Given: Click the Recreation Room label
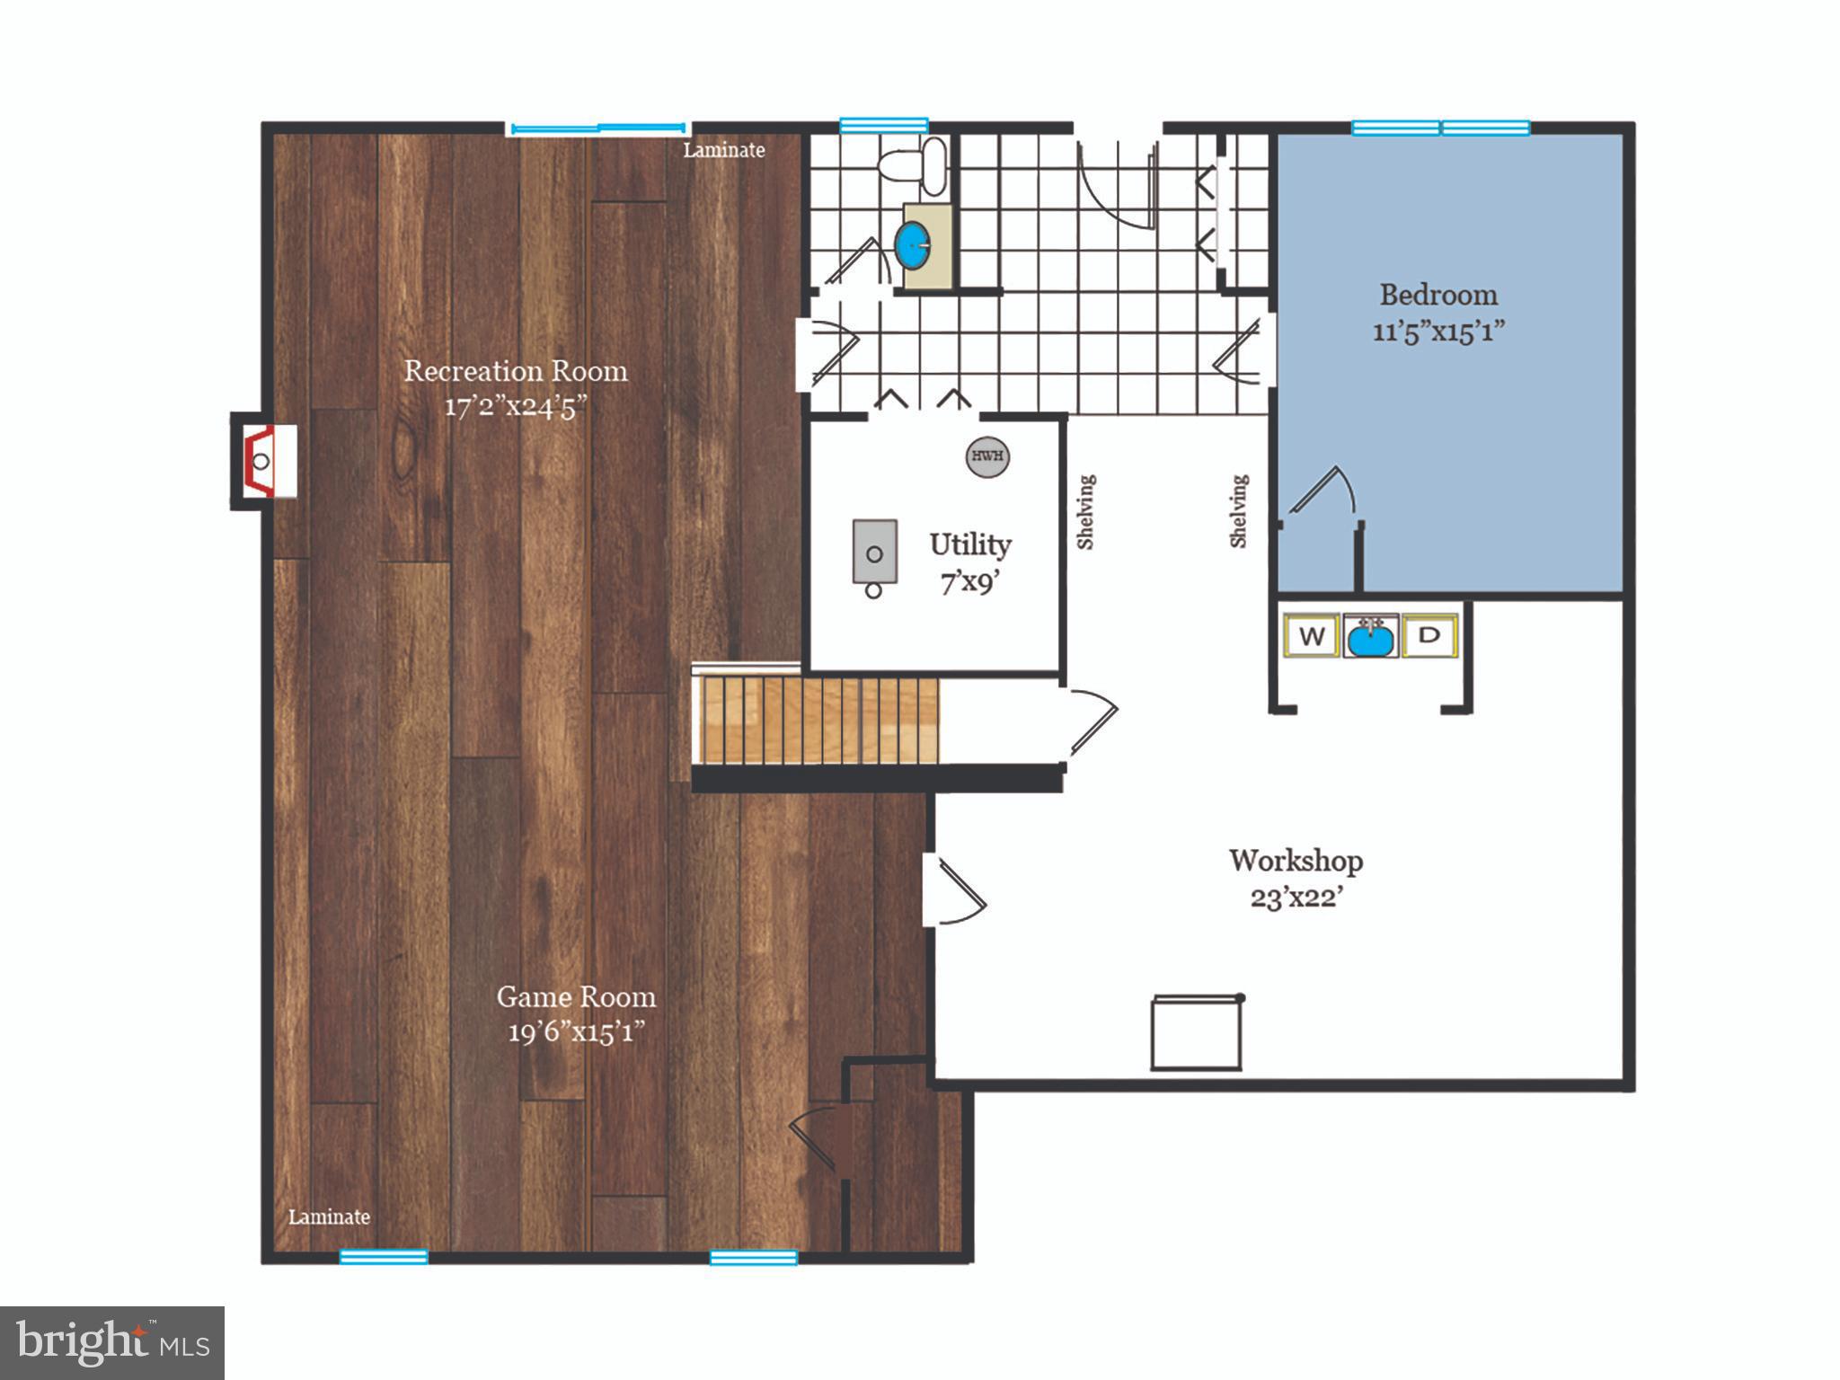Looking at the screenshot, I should coord(515,370).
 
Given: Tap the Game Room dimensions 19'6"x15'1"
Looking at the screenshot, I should coord(576,1032).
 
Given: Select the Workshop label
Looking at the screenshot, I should coord(1296,861).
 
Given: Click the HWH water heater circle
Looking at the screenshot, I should coord(986,456).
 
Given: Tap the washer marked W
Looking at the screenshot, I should coord(1312,636).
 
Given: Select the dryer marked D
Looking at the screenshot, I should coord(1429,635).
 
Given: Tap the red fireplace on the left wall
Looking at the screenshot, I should coord(262,461).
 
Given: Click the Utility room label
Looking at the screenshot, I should coord(969,544).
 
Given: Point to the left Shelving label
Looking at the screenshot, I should coord(1086,511).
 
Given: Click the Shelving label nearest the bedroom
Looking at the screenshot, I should coord(1239,511).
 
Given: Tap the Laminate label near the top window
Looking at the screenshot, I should coord(723,151).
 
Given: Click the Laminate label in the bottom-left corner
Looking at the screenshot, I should coord(329,1216).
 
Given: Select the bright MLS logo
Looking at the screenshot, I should coord(112,1342).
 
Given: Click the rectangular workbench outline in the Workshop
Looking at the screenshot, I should coord(1196,1033).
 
